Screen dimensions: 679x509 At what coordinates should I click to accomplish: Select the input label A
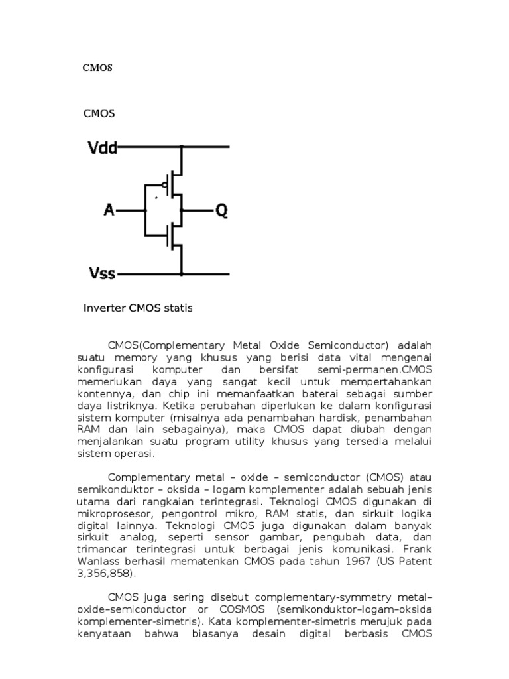pos(109,210)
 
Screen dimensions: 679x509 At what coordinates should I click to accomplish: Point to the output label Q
pos(221,210)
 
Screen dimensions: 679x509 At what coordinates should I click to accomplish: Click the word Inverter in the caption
pos(105,308)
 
